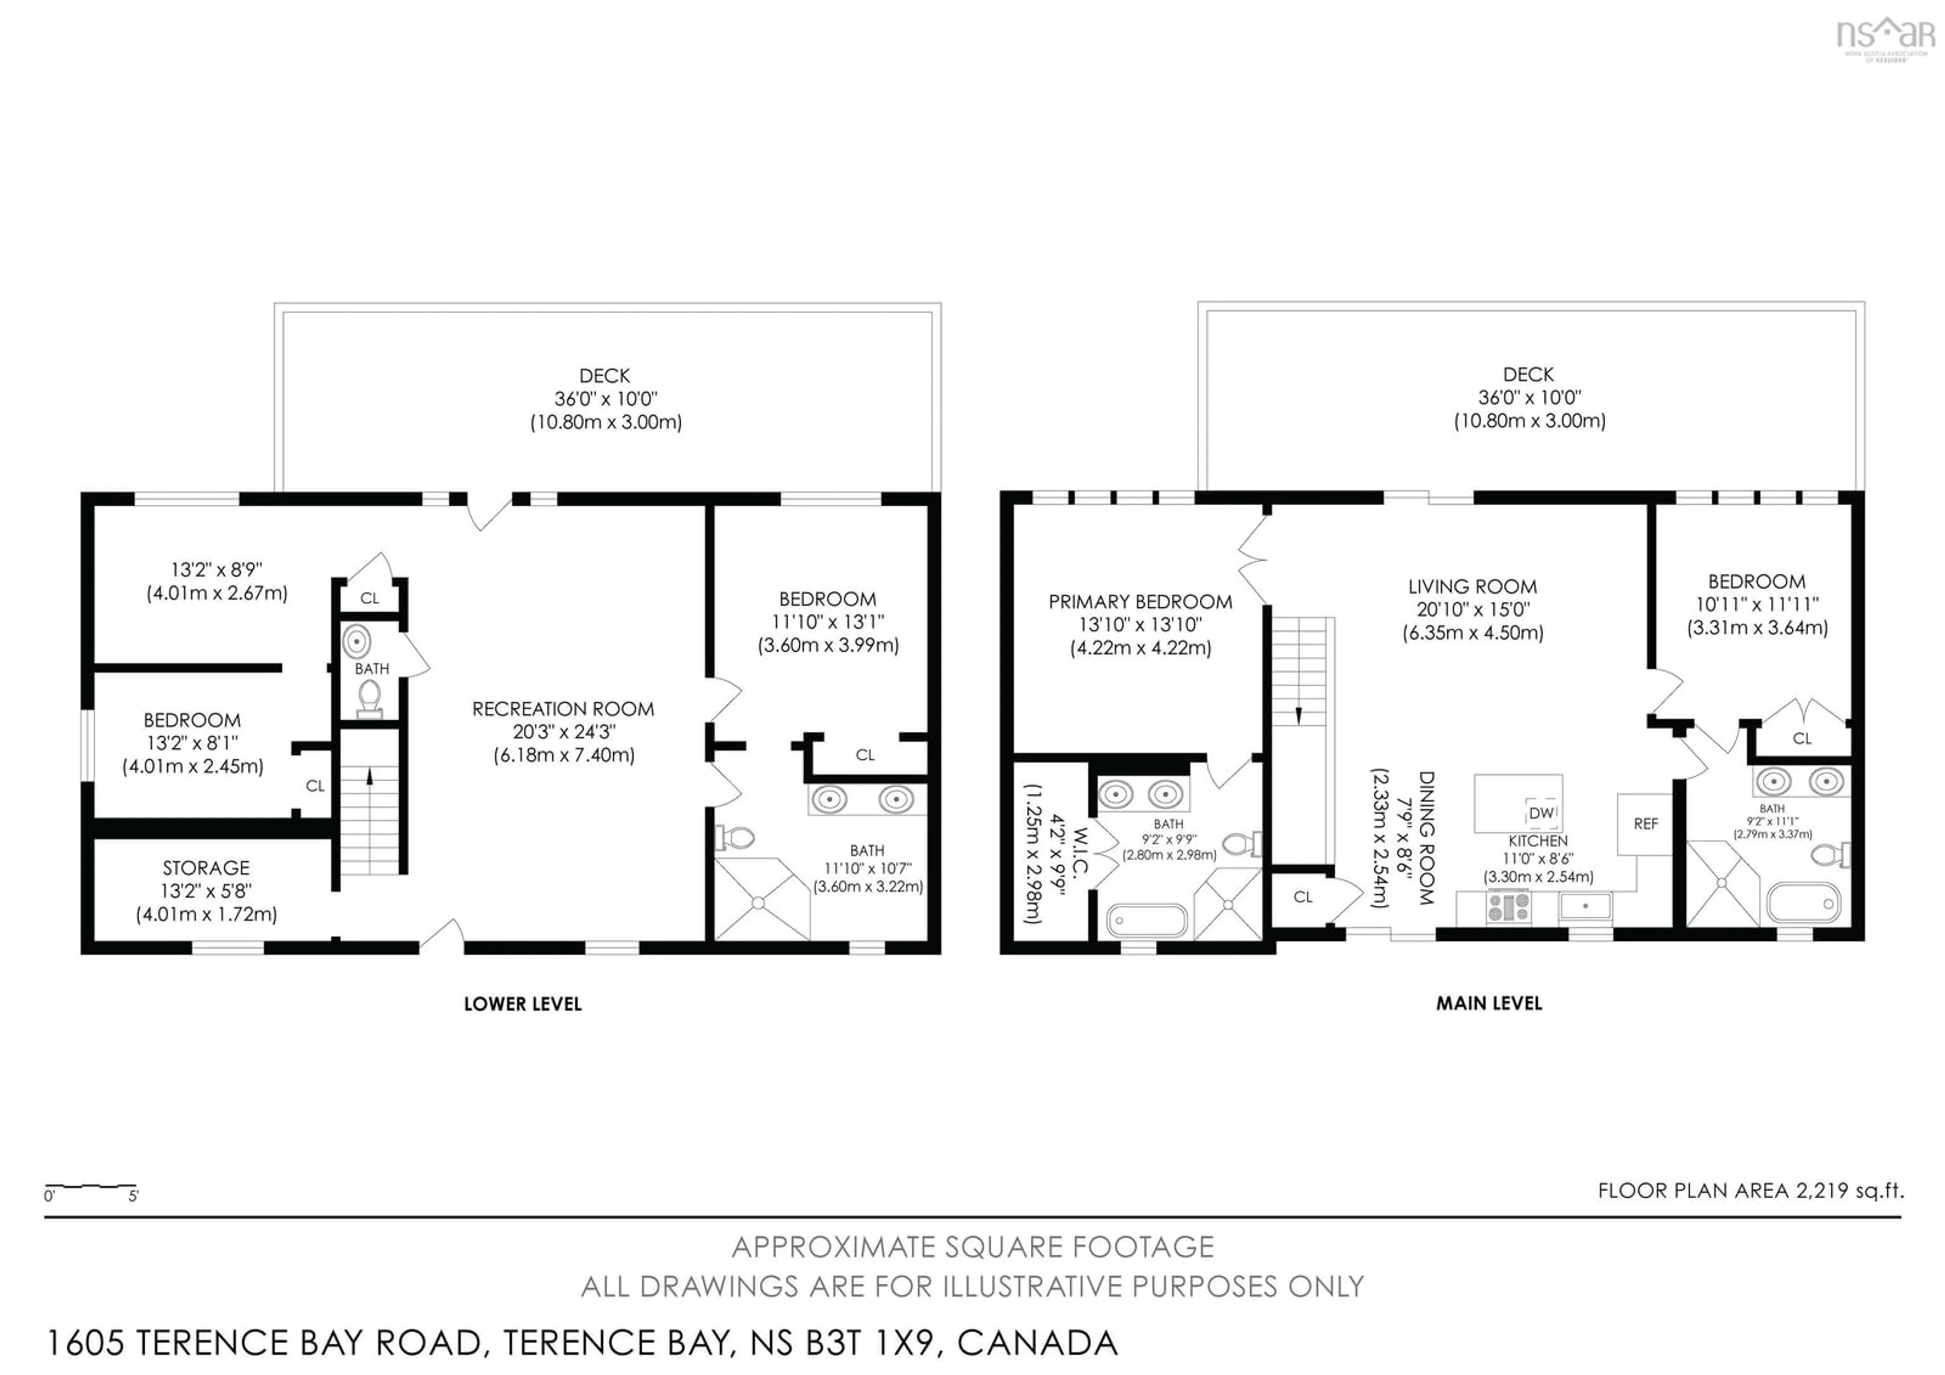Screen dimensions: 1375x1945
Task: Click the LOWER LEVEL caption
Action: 523,1004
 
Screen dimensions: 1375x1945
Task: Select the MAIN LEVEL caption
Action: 1489,1003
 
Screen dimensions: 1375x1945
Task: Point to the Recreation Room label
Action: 563,709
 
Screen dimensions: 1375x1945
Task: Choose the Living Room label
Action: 1472,586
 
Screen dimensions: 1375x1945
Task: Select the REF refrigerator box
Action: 1645,823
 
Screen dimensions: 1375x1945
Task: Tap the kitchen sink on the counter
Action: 1585,906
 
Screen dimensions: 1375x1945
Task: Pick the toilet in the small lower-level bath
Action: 369,697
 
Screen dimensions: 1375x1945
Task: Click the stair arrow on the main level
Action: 1299,716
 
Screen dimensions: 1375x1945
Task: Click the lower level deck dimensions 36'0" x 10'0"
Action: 606,398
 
